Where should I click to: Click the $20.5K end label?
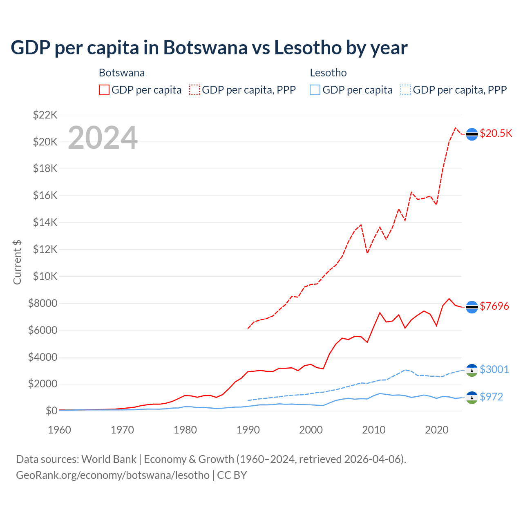click(496, 134)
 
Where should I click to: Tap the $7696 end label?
click(494, 306)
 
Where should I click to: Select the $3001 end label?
click(494, 369)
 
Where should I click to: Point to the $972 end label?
click(491, 397)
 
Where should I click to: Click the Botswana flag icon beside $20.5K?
click(472, 134)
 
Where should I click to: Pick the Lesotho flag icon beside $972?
click(472, 398)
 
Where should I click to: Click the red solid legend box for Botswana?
click(104, 90)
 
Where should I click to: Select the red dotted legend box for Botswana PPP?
click(194, 90)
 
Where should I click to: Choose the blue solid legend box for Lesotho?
click(315, 90)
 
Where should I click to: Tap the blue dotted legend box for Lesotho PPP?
click(406, 90)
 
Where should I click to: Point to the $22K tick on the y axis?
click(45, 115)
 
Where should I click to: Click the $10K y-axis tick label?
click(45, 276)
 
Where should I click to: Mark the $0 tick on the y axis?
click(51, 411)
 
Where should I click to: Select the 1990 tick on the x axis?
click(248, 430)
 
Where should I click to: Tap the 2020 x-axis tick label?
click(437, 430)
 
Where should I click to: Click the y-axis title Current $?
click(17, 262)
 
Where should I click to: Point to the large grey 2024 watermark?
click(103, 138)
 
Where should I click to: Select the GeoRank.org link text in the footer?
click(113, 475)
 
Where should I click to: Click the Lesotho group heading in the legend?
click(328, 73)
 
